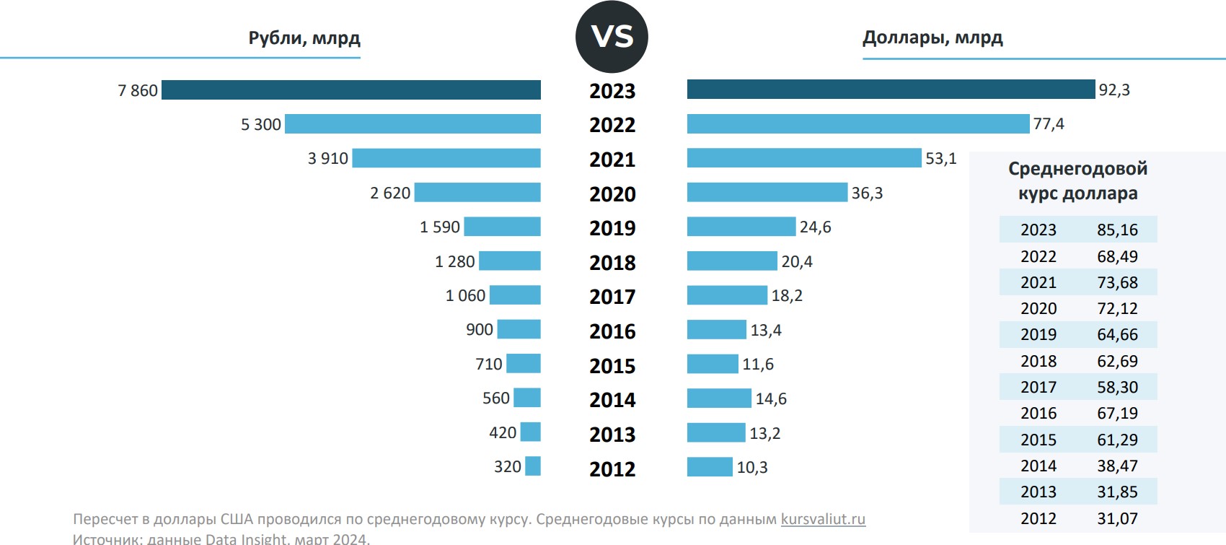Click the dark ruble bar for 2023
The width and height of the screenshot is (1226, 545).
tap(351, 90)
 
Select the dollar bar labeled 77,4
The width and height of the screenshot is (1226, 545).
tap(858, 124)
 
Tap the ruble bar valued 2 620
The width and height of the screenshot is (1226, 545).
tap(477, 193)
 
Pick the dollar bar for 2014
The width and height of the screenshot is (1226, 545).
tap(719, 398)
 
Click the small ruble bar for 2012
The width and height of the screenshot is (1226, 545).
tap(533, 466)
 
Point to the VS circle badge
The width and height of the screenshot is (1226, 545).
tap(612, 37)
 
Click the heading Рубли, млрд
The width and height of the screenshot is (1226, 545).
tap(304, 38)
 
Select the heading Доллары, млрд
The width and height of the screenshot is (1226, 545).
tap(932, 38)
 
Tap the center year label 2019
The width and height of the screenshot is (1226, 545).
tap(612, 228)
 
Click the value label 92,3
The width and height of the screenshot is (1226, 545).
tap(1114, 90)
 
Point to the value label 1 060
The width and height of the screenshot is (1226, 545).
tap(465, 295)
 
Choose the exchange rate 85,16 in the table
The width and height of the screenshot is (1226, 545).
tap(1117, 230)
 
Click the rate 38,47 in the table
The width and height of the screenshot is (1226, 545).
tap(1117, 466)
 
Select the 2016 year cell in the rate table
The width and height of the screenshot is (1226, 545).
tap(1038, 413)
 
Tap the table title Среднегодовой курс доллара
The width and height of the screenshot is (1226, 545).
tap(1077, 180)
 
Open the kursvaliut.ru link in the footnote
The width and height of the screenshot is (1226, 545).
tap(823, 519)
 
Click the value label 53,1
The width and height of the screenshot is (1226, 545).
tap(941, 159)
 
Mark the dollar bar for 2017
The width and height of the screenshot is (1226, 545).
tap(727, 295)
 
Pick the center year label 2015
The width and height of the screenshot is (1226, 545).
tap(612, 366)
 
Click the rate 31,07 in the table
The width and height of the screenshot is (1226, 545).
tap(1117, 518)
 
